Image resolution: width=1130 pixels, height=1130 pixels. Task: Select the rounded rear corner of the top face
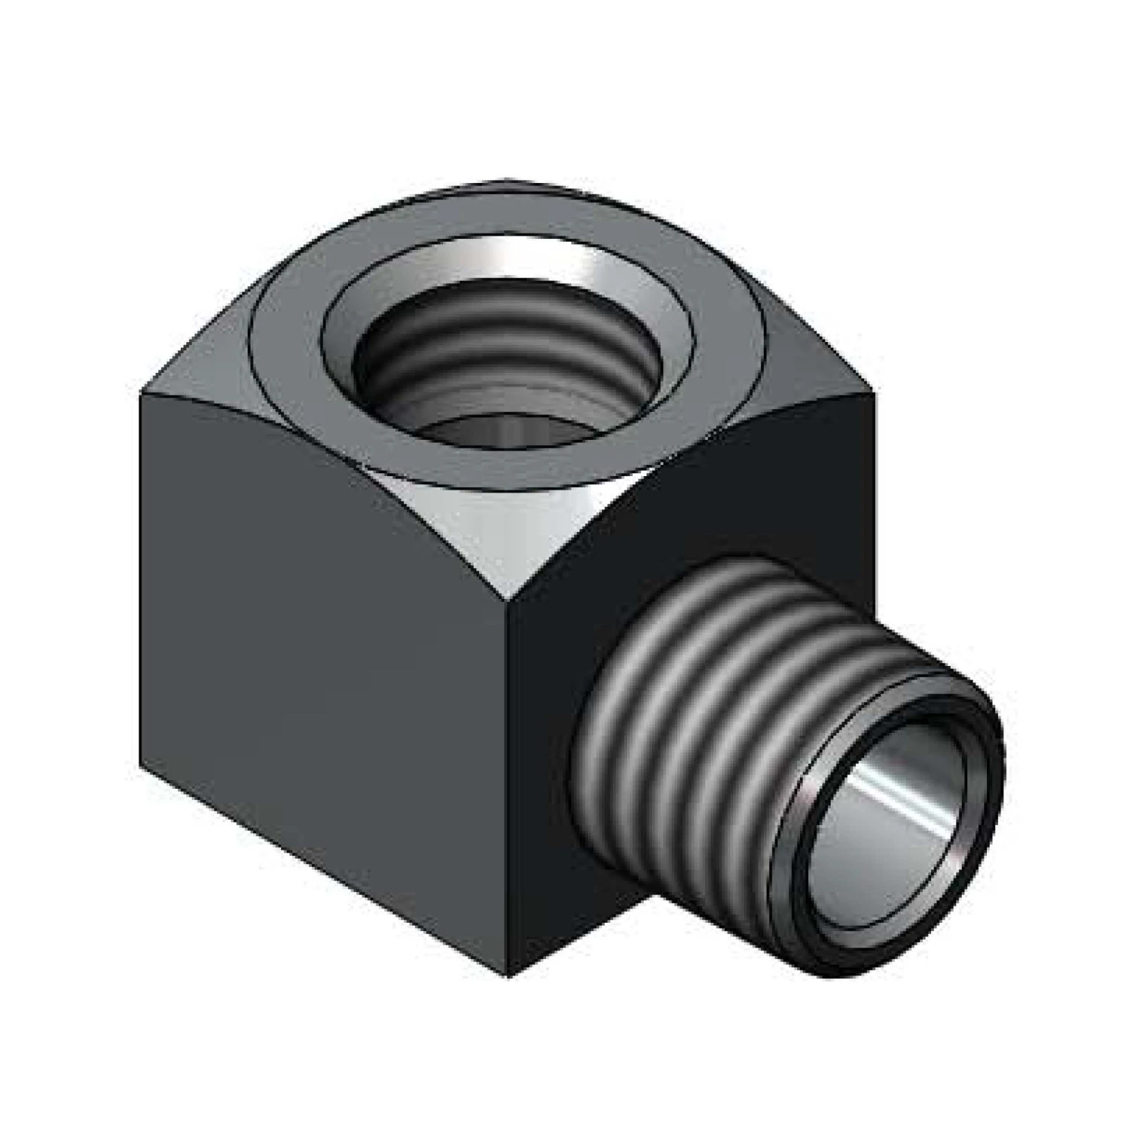[x=505, y=183]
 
